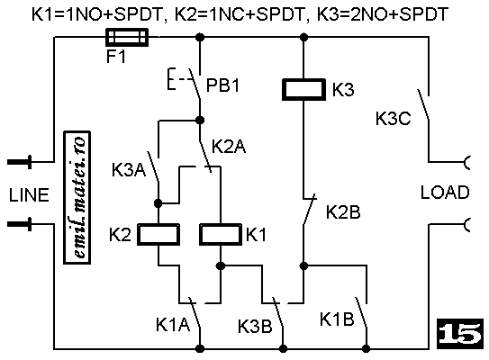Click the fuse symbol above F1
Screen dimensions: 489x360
127,38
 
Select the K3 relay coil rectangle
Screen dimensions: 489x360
303,89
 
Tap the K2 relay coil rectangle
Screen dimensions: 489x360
158,234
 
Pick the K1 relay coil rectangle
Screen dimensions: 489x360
221,234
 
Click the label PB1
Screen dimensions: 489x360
222,85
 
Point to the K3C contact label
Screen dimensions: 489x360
393,119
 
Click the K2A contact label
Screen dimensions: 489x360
229,146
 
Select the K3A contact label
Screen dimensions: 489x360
129,170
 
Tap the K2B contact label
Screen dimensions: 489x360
343,211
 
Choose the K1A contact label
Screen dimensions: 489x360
173,324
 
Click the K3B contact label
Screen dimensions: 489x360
255,327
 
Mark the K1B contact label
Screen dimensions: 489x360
337,319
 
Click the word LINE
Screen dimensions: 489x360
29,195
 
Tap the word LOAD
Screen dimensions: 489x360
445,192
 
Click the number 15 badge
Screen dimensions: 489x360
460,334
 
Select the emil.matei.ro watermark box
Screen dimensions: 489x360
77,198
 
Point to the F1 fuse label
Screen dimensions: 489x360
115,57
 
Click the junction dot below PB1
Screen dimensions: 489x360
200,120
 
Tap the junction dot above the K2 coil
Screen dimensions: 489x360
158,203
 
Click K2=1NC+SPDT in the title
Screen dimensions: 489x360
240,14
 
